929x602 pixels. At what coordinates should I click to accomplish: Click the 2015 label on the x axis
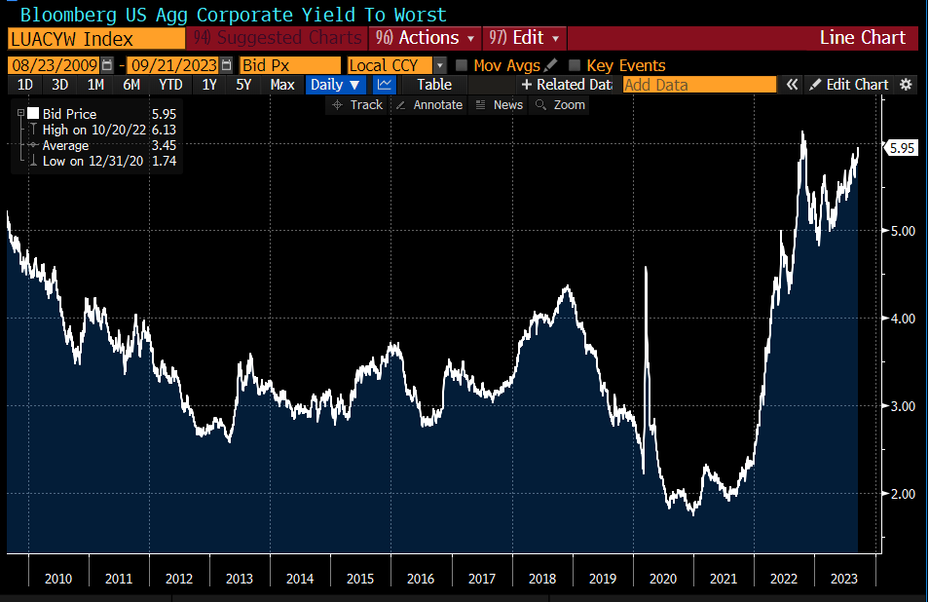coord(360,579)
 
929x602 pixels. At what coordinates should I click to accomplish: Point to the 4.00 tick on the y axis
coord(904,319)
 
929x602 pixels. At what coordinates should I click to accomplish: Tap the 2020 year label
coord(663,579)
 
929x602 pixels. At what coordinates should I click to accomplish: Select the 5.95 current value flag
coord(902,148)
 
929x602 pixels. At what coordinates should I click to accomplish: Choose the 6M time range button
coord(131,85)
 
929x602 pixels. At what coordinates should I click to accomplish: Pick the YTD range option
coord(170,85)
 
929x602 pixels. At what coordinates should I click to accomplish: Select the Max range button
coord(282,85)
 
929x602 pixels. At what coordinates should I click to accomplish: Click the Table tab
coord(434,85)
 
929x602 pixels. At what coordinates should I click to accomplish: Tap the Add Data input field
coord(698,85)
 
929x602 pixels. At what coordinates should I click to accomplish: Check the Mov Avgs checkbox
coord(462,65)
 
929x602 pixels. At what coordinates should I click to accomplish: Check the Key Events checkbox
coord(575,65)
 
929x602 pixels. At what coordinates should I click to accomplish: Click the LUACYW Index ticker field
coord(95,38)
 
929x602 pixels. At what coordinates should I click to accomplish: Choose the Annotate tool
coord(429,104)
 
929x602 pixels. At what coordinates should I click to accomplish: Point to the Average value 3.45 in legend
coord(163,145)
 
